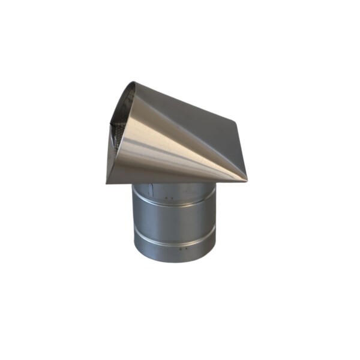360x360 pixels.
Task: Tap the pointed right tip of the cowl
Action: point(246,178)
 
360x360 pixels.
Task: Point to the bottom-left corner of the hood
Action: point(107,183)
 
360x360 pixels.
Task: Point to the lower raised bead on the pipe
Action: point(174,236)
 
